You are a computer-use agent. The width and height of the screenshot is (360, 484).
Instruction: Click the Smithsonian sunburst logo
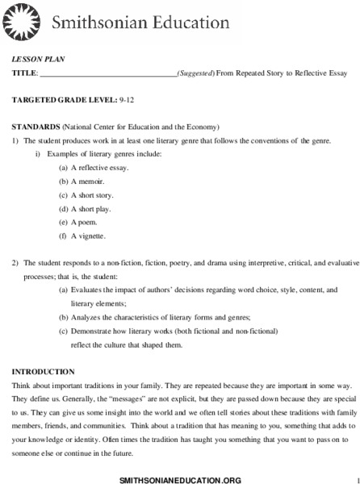click(x=23, y=24)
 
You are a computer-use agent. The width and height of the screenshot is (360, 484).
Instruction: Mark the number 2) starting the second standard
click(x=15, y=264)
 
